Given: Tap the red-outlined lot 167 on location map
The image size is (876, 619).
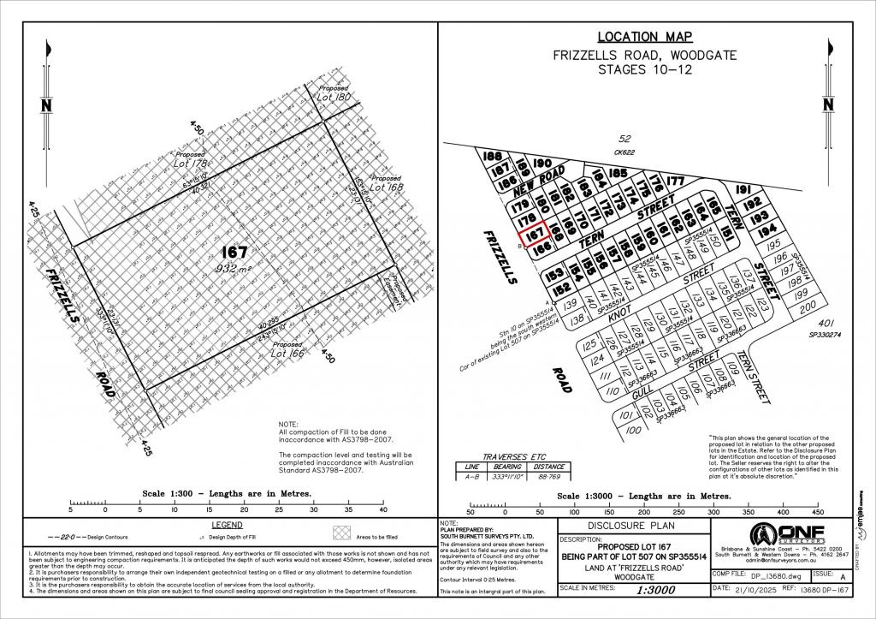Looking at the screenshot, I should (x=535, y=232).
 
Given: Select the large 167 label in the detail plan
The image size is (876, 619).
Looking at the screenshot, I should (x=234, y=253).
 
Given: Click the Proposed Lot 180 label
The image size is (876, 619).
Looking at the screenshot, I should (x=334, y=94).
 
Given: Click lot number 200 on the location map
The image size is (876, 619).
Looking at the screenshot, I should (x=807, y=306).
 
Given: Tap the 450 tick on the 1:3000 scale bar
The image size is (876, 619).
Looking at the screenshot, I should (x=817, y=512).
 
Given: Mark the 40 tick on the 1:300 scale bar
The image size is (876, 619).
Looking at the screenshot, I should (x=382, y=509).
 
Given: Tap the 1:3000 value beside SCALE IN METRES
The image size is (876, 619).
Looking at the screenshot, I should (x=634, y=590).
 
